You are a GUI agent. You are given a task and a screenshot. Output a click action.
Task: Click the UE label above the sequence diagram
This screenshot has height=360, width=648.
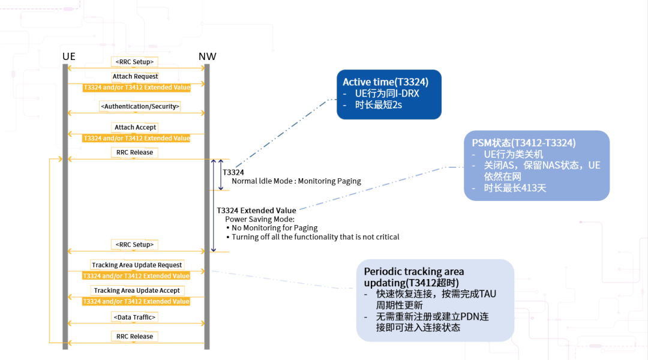point(68,57)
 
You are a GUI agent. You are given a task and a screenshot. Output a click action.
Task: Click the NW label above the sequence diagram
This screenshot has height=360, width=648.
point(207,57)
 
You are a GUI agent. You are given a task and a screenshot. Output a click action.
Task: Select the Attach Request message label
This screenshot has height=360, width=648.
point(136,76)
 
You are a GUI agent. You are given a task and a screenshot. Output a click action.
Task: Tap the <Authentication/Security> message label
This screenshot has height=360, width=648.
point(140,106)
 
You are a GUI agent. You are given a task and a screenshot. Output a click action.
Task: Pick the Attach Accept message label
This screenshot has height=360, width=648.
point(136,127)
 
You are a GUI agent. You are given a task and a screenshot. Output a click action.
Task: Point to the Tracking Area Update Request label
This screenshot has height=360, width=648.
point(137,265)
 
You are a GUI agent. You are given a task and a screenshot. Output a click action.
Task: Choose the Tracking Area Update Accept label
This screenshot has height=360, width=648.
point(137,290)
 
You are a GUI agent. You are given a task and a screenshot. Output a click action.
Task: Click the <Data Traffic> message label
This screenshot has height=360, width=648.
point(135,316)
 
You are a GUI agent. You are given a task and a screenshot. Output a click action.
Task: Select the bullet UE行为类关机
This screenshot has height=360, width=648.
point(514,154)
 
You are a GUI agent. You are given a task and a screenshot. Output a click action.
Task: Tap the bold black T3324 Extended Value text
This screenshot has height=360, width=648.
point(256,211)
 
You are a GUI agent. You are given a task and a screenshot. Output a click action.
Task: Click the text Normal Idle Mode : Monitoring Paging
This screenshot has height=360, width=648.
point(296,181)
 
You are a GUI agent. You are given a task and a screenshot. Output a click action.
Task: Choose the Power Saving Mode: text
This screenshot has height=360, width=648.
point(256,219)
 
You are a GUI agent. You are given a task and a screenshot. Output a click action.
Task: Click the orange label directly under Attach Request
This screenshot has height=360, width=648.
point(137,87)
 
